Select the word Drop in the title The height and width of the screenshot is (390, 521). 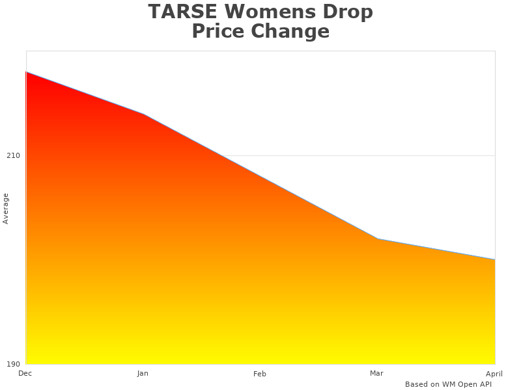(x=350, y=12)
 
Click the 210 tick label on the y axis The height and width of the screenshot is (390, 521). (x=13, y=155)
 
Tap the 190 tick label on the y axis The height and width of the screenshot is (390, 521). (x=13, y=363)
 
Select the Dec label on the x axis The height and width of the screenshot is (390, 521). (x=25, y=373)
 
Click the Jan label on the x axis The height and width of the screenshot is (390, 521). (x=143, y=373)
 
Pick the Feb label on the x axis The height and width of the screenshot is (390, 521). (x=260, y=374)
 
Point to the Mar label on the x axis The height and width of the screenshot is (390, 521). (x=376, y=373)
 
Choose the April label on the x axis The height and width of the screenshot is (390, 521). (x=494, y=374)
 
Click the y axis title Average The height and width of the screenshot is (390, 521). (x=6, y=208)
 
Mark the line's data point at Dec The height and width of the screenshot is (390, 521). (x=27, y=72)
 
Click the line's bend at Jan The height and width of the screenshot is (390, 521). (x=143, y=114)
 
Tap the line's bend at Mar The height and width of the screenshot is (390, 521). (x=378, y=239)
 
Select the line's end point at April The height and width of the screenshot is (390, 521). (x=494, y=259)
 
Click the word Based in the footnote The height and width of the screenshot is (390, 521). (x=415, y=384)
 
